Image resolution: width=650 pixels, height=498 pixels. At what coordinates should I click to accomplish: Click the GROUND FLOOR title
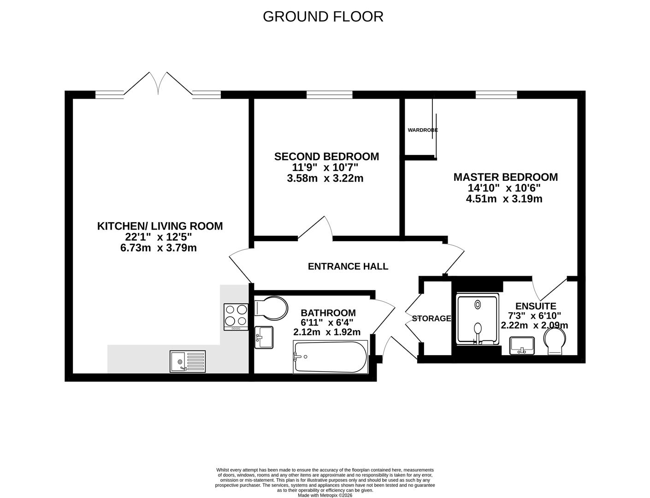tap(323, 17)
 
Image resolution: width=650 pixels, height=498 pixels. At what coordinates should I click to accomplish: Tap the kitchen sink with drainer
tap(188, 361)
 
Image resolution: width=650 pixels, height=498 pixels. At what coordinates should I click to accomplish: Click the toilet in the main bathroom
tap(272, 308)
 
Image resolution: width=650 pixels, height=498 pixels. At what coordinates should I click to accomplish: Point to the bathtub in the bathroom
tap(331, 357)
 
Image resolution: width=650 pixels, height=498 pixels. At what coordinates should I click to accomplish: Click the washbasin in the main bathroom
tap(264, 338)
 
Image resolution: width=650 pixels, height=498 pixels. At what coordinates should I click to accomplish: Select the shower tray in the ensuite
tap(478, 319)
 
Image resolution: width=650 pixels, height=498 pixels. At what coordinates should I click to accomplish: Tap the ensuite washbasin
tap(522, 345)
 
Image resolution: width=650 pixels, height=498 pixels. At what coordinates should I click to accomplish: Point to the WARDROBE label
tap(422, 130)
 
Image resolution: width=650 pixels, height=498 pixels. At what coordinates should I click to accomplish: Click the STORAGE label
tap(431, 319)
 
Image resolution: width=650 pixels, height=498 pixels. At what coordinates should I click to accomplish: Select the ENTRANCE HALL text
tap(348, 267)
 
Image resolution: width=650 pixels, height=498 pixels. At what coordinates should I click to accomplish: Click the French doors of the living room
tap(159, 84)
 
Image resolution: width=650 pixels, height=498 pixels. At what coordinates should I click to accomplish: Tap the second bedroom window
tap(329, 95)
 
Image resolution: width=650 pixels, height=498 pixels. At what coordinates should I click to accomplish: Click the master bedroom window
tap(496, 95)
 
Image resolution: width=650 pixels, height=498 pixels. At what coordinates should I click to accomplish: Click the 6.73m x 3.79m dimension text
tap(158, 248)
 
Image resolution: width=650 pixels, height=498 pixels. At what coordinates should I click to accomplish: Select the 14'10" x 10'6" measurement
tap(504, 188)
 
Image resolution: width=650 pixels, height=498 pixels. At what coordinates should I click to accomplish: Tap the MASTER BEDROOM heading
tap(505, 177)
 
